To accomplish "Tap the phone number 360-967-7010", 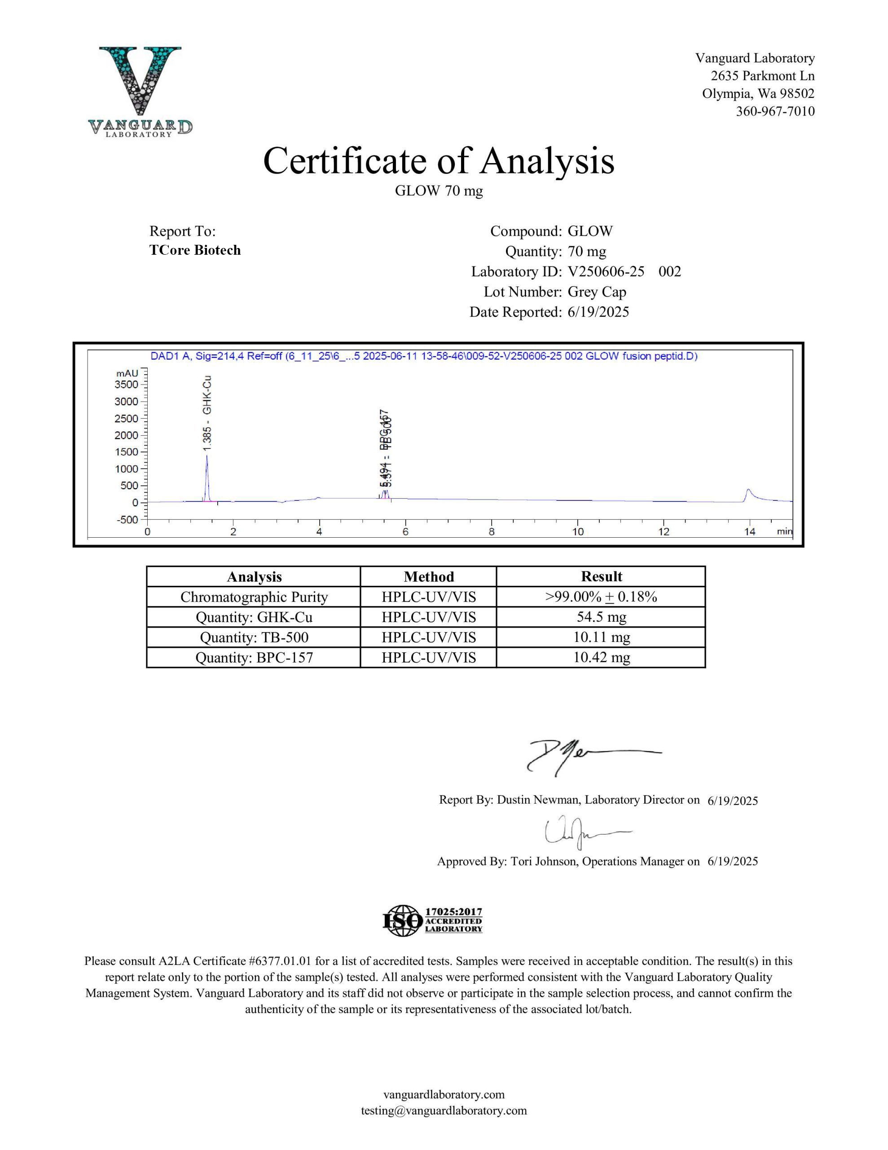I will click(775, 111).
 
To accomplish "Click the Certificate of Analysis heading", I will click(439, 161).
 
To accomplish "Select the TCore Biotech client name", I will click(195, 250).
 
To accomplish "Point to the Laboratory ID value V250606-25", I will click(606, 272).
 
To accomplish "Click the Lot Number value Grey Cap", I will click(596, 292).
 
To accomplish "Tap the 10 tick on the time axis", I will click(577, 532).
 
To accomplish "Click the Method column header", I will click(428, 577).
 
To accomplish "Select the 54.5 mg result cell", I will click(601, 617).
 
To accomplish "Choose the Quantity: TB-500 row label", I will click(254, 637).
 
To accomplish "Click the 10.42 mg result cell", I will click(601, 658).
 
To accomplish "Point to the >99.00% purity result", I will click(601, 597).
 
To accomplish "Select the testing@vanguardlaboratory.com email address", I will click(444, 1110).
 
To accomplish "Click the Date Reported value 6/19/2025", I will click(598, 312).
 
